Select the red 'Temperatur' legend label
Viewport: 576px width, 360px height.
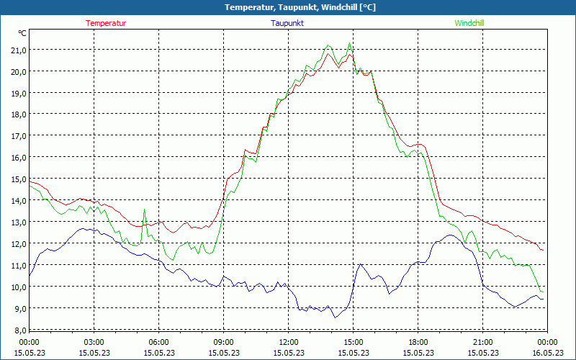coord(106,23)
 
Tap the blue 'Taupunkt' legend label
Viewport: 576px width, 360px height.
coord(287,23)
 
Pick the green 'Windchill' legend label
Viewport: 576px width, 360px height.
coord(469,23)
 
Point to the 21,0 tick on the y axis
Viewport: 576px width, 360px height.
coord(17,50)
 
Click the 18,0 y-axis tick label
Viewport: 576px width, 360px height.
coord(17,114)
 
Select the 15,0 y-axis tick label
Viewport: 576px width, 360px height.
coord(17,179)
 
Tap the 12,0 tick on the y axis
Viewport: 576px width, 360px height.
coord(17,243)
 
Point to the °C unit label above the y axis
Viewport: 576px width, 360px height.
coord(22,33)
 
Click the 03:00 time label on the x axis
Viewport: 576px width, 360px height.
coord(94,342)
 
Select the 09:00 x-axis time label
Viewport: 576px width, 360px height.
coord(223,342)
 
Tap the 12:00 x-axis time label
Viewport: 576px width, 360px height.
coord(288,342)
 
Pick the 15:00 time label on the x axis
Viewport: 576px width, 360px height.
coord(353,342)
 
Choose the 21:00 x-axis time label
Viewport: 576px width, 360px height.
coord(482,342)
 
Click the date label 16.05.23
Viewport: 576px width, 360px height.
coord(547,353)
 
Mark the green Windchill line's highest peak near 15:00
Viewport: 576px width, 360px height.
coord(350,43)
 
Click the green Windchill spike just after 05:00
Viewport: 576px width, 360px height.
coord(145,210)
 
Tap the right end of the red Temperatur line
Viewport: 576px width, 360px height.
coord(542,250)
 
